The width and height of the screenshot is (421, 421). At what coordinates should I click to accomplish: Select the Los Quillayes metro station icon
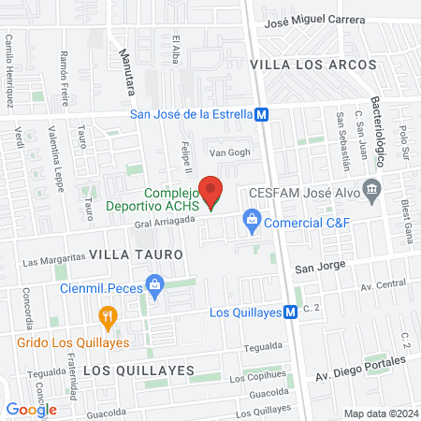coord(291,312)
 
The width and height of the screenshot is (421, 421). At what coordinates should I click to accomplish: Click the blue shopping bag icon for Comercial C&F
coord(251,222)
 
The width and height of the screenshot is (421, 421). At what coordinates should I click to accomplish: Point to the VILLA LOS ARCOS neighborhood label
coord(312,65)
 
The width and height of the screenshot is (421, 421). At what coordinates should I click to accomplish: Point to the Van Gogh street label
coord(230,152)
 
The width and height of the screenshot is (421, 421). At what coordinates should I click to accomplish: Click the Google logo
coord(31,409)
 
